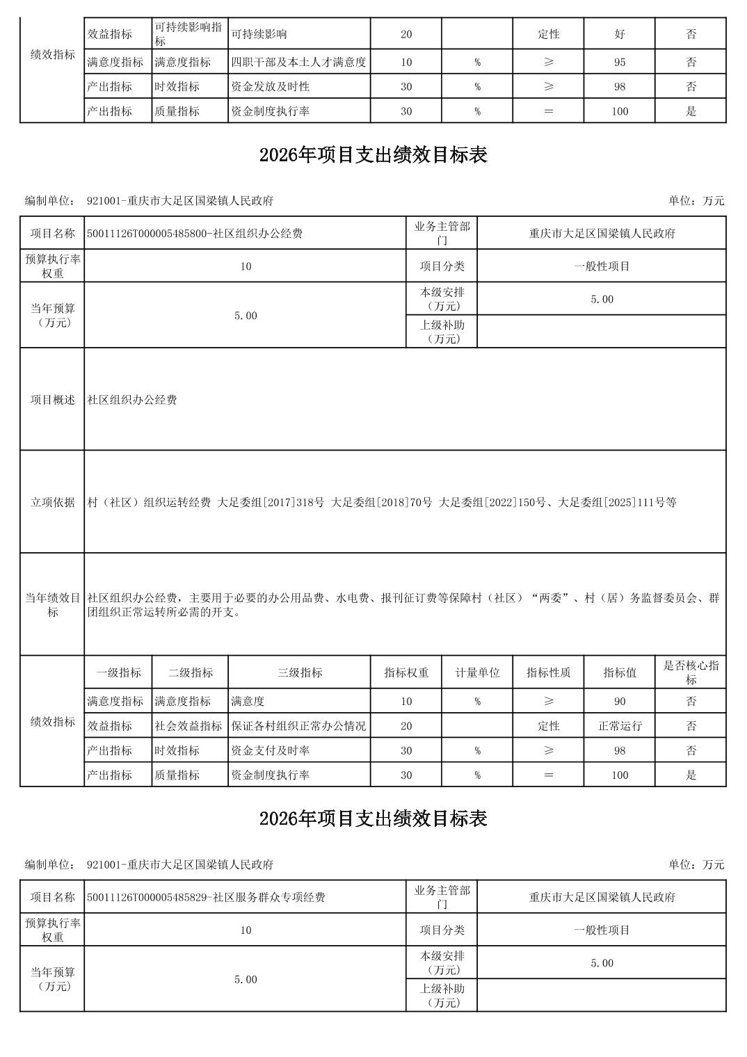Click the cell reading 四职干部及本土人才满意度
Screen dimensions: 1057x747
pos(298,63)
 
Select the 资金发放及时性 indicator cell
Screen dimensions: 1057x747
pos(271,87)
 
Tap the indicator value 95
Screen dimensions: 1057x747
pos(619,63)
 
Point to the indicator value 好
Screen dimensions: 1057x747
pos(619,34)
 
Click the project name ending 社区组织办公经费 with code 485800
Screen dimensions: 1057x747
pos(195,234)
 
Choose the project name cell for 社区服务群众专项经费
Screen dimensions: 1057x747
pos(206,898)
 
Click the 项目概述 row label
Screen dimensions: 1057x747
pos(52,400)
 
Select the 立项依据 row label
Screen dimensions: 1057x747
pos(52,502)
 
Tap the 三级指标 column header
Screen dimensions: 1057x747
pos(299,673)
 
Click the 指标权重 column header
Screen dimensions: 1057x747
pos(406,673)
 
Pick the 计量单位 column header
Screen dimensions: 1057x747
pos(477,673)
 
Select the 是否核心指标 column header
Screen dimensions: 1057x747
pos(691,672)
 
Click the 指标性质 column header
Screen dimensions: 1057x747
pos(548,673)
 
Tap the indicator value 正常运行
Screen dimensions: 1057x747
pos(619,727)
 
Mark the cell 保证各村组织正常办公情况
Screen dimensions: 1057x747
pos(298,727)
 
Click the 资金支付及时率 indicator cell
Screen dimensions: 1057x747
pos(271,751)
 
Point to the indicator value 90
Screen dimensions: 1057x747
pos(619,702)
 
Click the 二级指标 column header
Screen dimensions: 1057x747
pos(190,673)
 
